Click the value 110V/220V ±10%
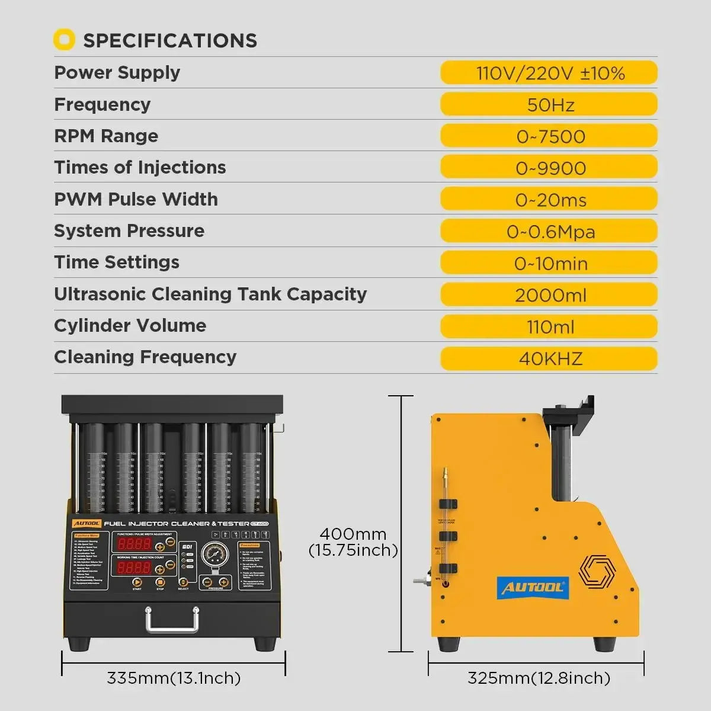pyautogui.click(x=550, y=73)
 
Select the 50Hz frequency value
pyautogui.click(x=550, y=105)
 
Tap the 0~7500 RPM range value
pyautogui.click(x=550, y=136)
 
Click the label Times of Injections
pyautogui.click(x=140, y=167)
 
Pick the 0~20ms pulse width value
pyautogui.click(x=550, y=200)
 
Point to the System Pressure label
pyautogui.click(x=129, y=230)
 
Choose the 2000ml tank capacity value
pyautogui.click(x=550, y=295)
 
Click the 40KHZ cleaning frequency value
pyautogui.click(x=550, y=358)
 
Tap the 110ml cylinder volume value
pyautogui.click(x=550, y=326)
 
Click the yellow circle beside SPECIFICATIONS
pyautogui.click(x=64, y=40)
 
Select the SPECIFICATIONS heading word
pyautogui.click(x=170, y=40)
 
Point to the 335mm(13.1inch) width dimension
pyautogui.click(x=174, y=678)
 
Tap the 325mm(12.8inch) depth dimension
pyautogui.click(x=538, y=678)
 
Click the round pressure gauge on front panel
pyautogui.click(x=213, y=555)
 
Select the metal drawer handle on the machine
pyautogui.click(x=172, y=619)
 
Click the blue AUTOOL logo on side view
pyautogui.click(x=533, y=588)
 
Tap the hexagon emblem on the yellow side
pyautogui.click(x=597, y=572)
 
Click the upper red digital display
pyautogui.click(x=134, y=544)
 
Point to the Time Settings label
pyautogui.click(x=117, y=262)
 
